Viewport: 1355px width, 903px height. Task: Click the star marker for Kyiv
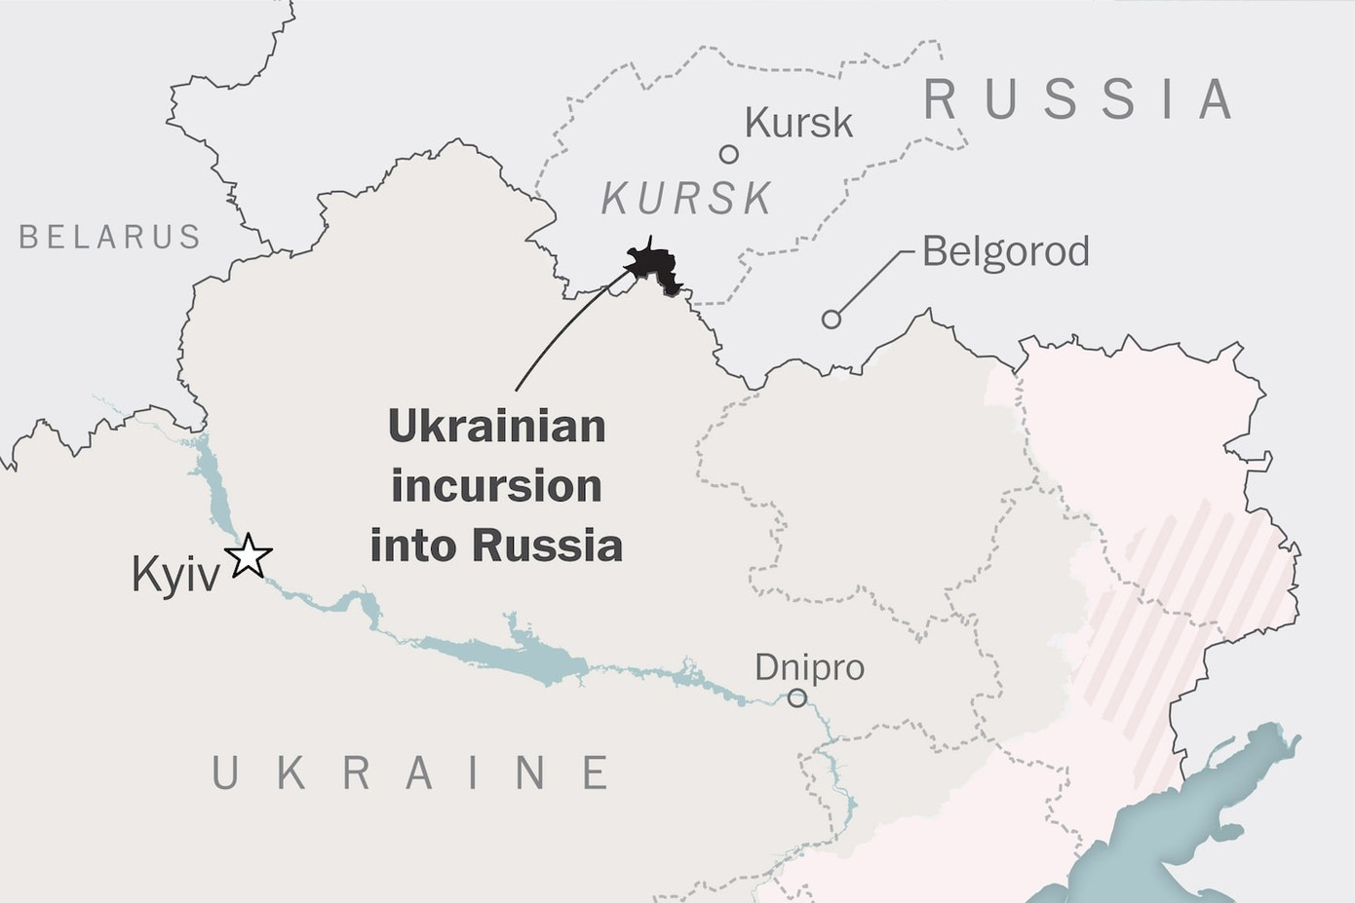pos(249,556)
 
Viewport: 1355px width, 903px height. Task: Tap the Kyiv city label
pos(175,575)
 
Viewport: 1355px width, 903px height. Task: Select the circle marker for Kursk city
pos(728,154)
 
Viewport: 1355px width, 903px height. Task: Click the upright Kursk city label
pos(798,124)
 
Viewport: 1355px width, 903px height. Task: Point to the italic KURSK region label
pos(687,199)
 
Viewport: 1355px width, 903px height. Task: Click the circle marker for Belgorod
pos(831,319)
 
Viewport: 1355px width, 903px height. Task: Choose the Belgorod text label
pos(1005,251)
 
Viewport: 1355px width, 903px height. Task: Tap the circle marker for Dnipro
pos(796,697)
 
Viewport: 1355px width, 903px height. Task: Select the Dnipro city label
pos(809,667)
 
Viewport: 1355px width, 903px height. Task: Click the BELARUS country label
pos(110,237)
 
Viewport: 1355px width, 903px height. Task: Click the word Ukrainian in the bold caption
pos(497,427)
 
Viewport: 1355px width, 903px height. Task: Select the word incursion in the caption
pos(496,486)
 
